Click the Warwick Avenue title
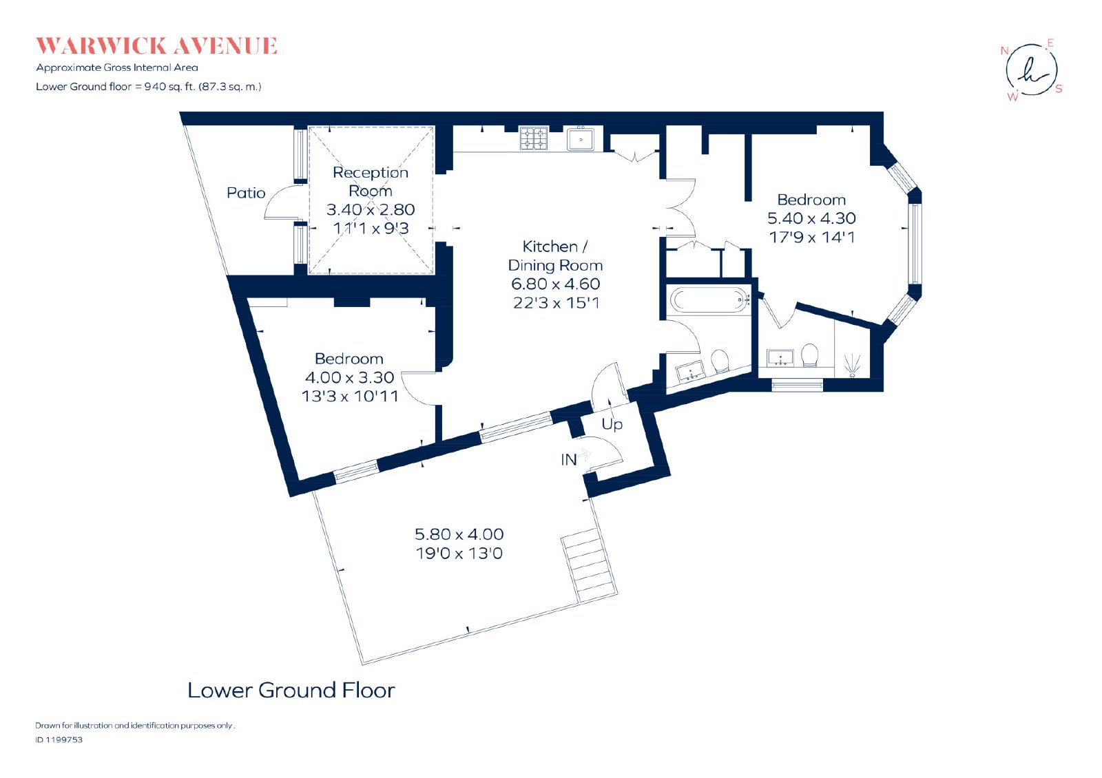pos(156,45)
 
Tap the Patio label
pos(246,193)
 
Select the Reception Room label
pos(371,182)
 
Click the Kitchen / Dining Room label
pos(555,255)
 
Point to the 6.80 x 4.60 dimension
pos(555,284)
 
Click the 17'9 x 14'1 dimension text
pos(812,238)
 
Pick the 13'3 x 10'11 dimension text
pos(350,397)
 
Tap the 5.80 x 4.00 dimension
pos(459,534)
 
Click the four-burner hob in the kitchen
pos(534,138)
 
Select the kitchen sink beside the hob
pos(581,139)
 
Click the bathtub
pos(709,299)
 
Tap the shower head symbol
pos(853,366)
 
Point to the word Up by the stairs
pos(612,424)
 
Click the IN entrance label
pos(569,460)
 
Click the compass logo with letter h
pos(1031,70)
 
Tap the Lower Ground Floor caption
pos(291,691)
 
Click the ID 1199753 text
pos(59,739)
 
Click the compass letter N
pos(1005,51)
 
